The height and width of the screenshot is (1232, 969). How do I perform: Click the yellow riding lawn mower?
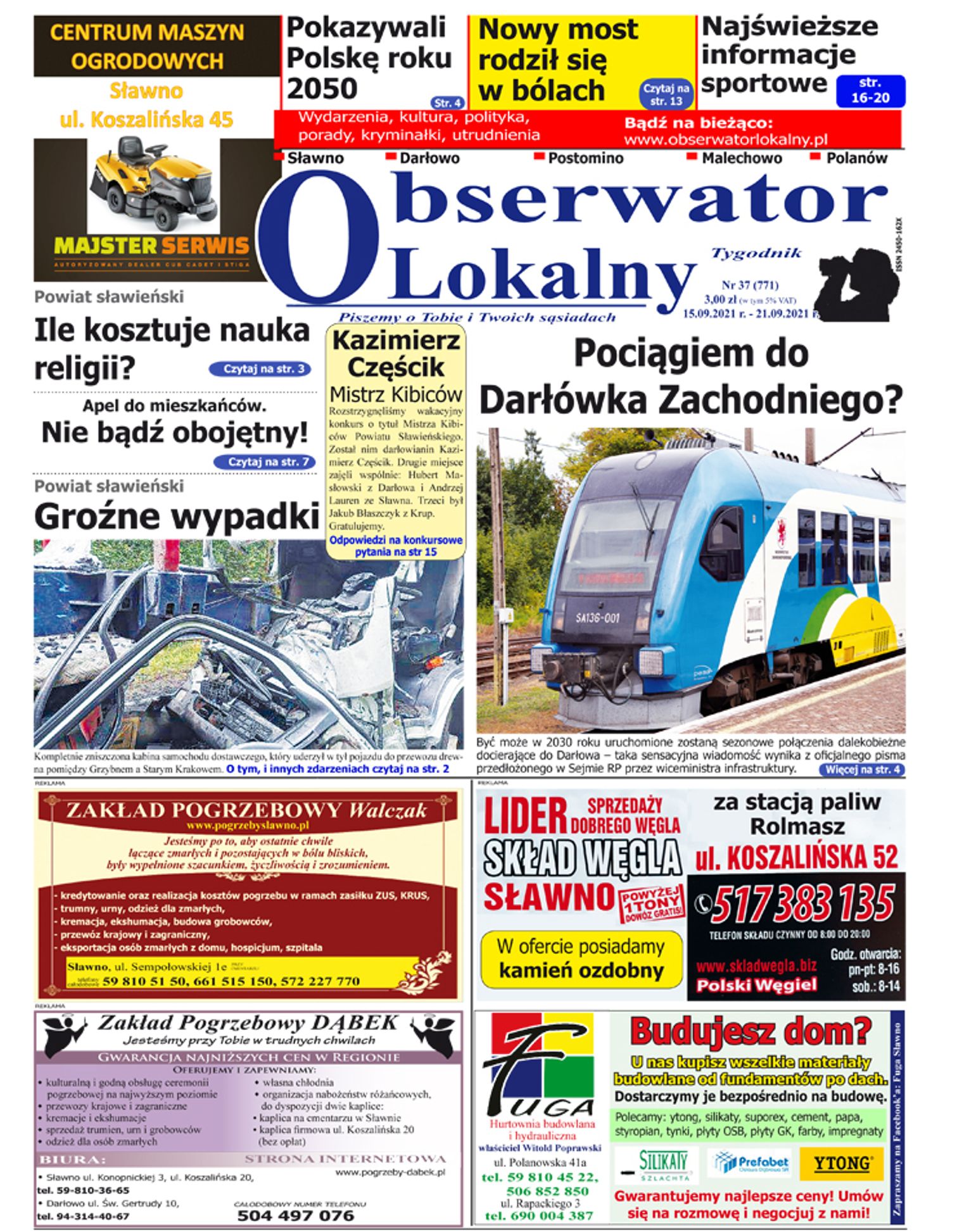pyautogui.click(x=155, y=184)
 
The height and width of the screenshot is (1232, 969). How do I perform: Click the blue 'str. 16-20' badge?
pyautogui.click(x=870, y=91)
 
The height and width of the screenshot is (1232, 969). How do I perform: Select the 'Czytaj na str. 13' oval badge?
pyautogui.click(x=666, y=94)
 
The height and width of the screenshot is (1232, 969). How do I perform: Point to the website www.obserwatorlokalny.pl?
pyautogui.click(x=726, y=139)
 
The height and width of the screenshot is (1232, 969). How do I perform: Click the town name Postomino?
pyautogui.click(x=585, y=158)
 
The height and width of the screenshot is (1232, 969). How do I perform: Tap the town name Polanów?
pyautogui.click(x=856, y=158)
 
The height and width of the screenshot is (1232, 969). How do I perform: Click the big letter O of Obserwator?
pyautogui.click(x=320, y=237)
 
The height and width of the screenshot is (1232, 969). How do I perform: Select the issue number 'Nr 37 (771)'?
pyautogui.click(x=750, y=285)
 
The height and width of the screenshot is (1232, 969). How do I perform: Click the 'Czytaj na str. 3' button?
pyautogui.click(x=260, y=369)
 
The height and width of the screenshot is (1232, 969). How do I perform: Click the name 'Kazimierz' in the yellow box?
pyautogui.click(x=396, y=341)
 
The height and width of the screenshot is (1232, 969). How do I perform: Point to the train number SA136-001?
pyautogui.click(x=597, y=617)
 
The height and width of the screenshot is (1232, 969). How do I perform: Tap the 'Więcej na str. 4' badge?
pyautogui.click(x=862, y=770)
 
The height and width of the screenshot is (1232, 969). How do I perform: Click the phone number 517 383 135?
pyautogui.click(x=803, y=904)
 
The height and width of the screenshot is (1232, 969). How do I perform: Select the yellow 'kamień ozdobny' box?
pyautogui.click(x=581, y=959)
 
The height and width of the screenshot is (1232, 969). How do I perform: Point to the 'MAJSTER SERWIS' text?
pyautogui.click(x=151, y=246)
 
